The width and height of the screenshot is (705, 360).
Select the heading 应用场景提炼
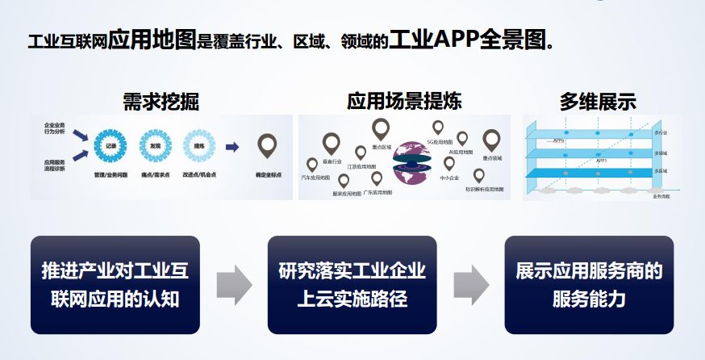pyautogui.click(x=404, y=102)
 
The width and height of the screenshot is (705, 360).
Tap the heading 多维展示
pyautogui.click(x=598, y=102)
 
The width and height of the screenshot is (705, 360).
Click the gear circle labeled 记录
pyautogui.click(x=111, y=146)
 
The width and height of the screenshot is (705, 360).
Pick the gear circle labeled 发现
pyautogui.click(x=154, y=146)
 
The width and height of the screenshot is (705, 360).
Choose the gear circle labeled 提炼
pyautogui.click(x=198, y=146)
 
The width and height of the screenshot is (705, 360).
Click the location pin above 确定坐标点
pyautogui.click(x=267, y=145)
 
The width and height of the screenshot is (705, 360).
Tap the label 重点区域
pyautogui.click(x=382, y=148)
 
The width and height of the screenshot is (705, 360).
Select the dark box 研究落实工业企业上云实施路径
pyautogui.click(x=351, y=285)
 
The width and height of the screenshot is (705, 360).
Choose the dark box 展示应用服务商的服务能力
pyautogui.click(x=589, y=285)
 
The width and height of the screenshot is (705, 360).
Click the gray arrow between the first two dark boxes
pyautogui.click(x=234, y=285)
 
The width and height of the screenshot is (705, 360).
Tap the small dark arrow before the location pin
pyautogui.click(x=232, y=147)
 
